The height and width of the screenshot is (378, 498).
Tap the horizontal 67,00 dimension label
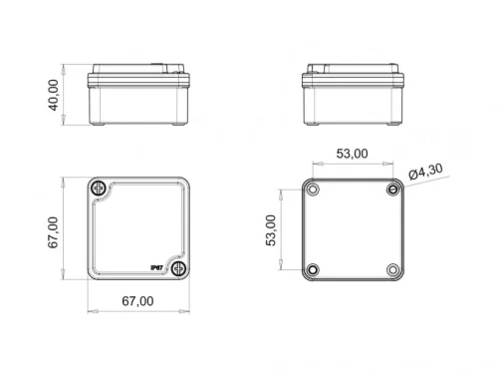137,301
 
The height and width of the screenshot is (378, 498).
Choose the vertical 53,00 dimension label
272,229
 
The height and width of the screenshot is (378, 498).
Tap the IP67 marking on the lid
156,266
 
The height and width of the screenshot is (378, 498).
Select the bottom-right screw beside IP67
179,269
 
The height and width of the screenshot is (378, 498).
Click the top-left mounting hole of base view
313,189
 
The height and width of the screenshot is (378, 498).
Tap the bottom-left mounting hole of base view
313,269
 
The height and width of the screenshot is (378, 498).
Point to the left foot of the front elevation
99,126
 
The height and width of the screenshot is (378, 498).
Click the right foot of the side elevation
392,126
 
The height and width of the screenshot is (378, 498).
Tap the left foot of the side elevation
313,126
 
